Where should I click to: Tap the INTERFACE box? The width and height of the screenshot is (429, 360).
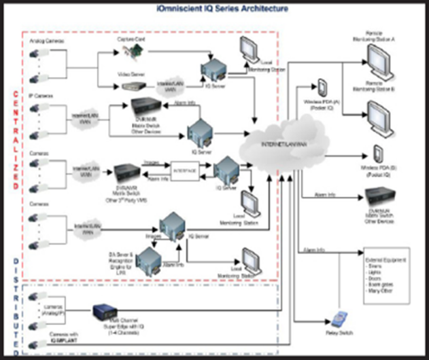(x=185, y=172)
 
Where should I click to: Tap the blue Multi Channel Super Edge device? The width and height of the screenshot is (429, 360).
(x=107, y=317)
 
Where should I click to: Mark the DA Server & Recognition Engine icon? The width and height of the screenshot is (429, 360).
(x=146, y=261)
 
